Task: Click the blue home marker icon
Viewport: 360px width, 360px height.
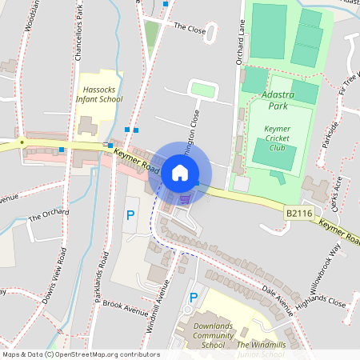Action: [x=180, y=173]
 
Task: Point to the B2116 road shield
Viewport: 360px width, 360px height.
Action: [x=298, y=213]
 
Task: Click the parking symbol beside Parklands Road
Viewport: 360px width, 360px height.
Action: [x=130, y=215]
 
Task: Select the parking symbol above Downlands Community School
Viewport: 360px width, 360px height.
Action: [x=192, y=298]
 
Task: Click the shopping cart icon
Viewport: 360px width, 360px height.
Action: [x=186, y=198]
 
